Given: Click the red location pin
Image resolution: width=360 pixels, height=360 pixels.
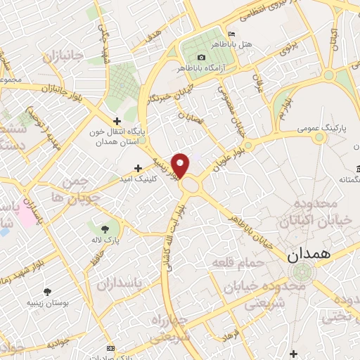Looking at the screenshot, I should (181, 166).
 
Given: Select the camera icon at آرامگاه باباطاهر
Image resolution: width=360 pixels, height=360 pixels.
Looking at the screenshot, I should (202, 57).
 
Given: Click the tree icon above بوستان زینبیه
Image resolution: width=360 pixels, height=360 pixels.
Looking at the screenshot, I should (48, 291).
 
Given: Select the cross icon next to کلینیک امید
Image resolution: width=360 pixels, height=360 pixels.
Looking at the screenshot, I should (138, 168).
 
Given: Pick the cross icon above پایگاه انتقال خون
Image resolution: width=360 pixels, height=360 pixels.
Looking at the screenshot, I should (117, 121).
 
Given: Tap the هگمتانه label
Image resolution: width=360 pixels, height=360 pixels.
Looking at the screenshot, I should (345, 180).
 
